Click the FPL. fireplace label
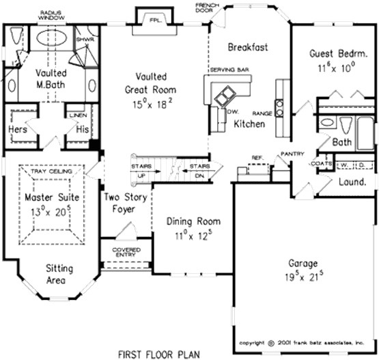pyautogui.click(x=155, y=20)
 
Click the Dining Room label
pyautogui.click(x=194, y=221)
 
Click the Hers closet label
pyautogui.click(x=17, y=129)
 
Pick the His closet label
pyautogui.click(x=82, y=129)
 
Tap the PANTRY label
pyautogui.click(x=292, y=155)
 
